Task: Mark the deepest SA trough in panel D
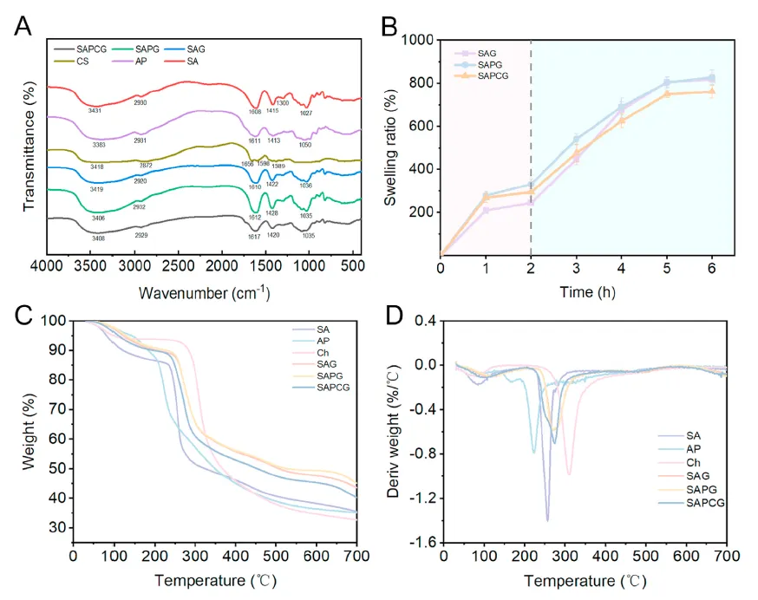click(x=547, y=519)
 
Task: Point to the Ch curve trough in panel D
click(x=569, y=473)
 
